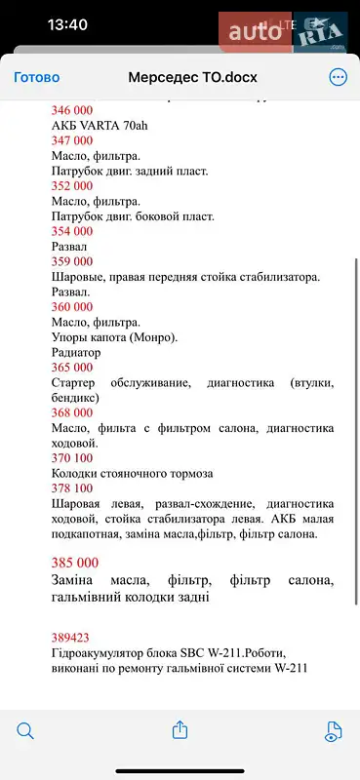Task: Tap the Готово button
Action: [x=36, y=77]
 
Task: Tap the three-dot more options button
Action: [x=338, y=77]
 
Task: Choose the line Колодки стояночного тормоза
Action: [x=131, y=474]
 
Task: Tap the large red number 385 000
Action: [x=74, y=563]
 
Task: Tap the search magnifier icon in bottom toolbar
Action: [x=26, y=729]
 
